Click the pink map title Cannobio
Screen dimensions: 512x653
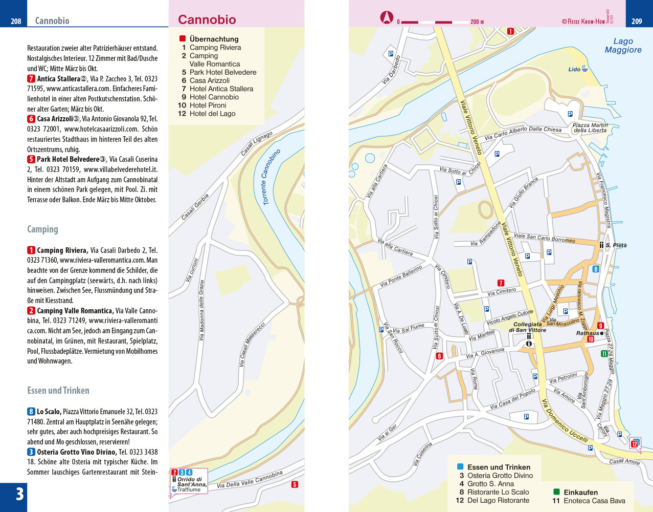tap(207, 20)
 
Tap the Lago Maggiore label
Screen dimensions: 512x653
tap(623, 46)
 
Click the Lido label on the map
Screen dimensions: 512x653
tap(574, 70)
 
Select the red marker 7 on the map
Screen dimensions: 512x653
tap(501, 283)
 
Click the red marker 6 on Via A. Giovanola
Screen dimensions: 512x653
tap(439, 356)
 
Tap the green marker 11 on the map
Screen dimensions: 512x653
tap(604, 353)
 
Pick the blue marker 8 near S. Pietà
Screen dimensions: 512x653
tap(595, 269)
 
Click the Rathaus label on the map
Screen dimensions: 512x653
tap(587, 333)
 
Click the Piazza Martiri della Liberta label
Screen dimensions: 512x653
tap(590, 127)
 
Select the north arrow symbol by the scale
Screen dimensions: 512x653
tap(387, 18)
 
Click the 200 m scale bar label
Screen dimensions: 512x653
tap(477, 22)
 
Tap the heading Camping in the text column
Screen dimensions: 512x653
tap(42, 229)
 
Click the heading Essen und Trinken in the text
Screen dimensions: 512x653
tap(58, 391)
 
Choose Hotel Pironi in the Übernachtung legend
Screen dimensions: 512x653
tap(208, 105)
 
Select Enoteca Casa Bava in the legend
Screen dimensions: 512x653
tap(594, 501)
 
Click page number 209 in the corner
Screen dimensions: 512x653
tap(637, 21)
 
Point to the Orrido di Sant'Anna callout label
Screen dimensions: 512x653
tap(191, 482)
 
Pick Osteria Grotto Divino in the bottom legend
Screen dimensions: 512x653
tap(500, 476)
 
